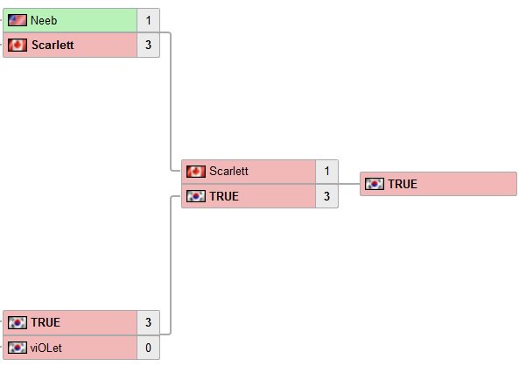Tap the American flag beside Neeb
pos(18,20)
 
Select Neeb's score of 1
pos(148,20)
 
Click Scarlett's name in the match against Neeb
pos(53,45)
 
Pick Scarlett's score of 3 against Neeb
pos(148,45)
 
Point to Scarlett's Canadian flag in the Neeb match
pos(18,45)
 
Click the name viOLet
pos(46,348)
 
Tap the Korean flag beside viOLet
pos(18,348)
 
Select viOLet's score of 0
pos(148,348)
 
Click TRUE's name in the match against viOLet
pos(46,323)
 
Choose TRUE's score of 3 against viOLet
pos(148,323)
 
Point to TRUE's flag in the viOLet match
pos(18,323)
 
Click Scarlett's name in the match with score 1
pos(228,172)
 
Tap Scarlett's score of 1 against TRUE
pos(326,172)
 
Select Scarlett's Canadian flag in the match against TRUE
pos(196,172)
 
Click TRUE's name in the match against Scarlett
pos(224,196)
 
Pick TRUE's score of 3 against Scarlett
pos(326,196)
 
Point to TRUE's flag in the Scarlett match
pos(196,196)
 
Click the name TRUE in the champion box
pos(403,184)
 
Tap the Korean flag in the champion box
pos(375,184)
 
